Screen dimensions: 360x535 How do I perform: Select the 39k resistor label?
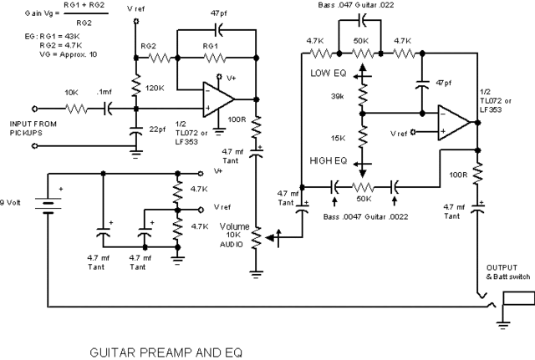pos(339,97)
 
